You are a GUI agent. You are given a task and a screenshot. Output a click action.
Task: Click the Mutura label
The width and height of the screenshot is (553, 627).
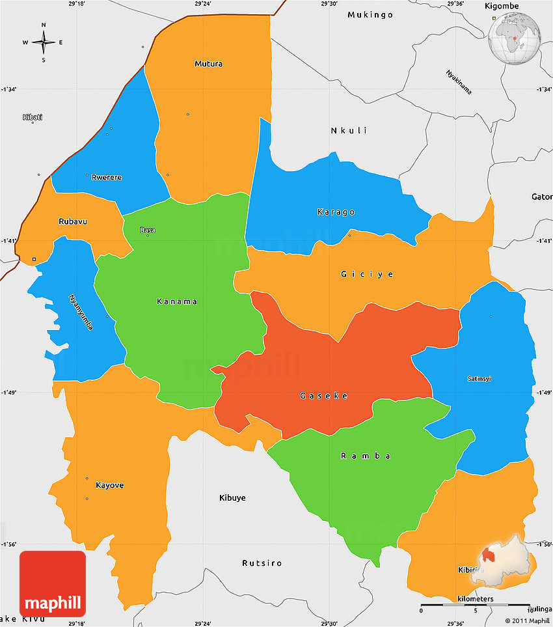click(x=208, y=64)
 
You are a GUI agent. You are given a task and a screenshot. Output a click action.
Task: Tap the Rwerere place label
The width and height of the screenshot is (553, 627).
click(x=107, y=177)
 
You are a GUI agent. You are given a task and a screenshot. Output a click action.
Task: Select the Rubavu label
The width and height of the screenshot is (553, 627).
click(x=73, y=221)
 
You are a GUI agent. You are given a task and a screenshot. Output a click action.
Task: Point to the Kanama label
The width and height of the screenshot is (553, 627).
click(x=177, y=301)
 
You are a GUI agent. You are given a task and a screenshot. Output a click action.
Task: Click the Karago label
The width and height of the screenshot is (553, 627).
click(x=336, y=212)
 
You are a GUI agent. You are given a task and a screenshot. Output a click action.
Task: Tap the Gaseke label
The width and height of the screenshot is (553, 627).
click(x=323, y=396)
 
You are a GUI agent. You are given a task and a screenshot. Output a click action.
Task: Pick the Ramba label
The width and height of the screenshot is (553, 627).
click(x=366, y=456)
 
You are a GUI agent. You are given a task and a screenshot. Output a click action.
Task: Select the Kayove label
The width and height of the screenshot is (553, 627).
click(x=109, y=485)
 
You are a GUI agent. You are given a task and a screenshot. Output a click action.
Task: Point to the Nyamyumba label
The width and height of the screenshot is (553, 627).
click(x=81, y=313)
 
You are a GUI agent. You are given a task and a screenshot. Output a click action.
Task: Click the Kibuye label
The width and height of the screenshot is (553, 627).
click(x=232, y=497)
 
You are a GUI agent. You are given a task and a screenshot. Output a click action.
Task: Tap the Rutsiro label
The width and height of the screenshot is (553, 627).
click(x=262, y=563)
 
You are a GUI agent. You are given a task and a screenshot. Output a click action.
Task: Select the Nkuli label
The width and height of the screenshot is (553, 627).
click(x=349, y=131)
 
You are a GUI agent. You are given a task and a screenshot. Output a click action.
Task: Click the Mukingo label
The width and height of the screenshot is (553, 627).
click(x=370, y=14)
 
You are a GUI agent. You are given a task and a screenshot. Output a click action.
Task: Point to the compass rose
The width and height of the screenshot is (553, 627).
click(x=44, y=43)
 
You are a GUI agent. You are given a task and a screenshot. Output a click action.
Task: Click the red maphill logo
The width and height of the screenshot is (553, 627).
click(x=53, y=584)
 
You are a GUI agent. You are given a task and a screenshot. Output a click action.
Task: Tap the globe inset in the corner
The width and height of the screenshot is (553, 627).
click(x=515, y=37)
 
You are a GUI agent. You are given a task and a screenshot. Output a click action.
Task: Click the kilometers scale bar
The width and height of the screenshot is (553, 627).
click(x=476, y=606)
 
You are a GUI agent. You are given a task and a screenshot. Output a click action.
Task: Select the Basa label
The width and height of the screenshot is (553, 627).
click(x=148, y=230)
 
